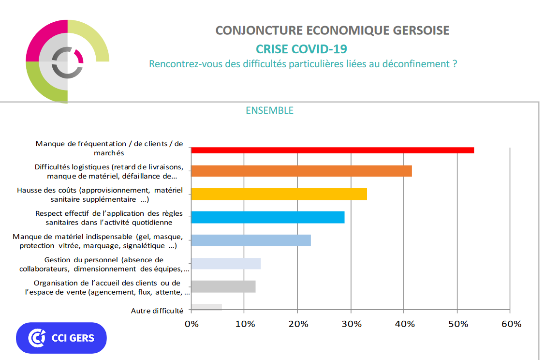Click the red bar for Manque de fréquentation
pyautogui.click(x=333, y=150)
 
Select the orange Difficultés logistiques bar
pyautogui.click(x=301, y=171)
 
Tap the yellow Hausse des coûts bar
pyautogui.click(x=279, y=194)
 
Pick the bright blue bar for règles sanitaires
pyautogui.click(x=268, y=217)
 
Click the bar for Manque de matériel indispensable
pyautogui.click(x=251, y=240)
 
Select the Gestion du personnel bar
pyautogui.click(x=226, y=263)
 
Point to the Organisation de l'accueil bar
pyautogui.click(x=223, y=286)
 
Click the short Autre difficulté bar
pyautogui.click(x=206, y=307)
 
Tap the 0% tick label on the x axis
pyautogui.click(x=191, y=324)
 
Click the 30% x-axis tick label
pyautogui.click(x=352, y=324)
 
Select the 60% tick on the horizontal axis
pyautogui.click(x=511, y=324)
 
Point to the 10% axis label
pyautogui.click(x=245, y=324)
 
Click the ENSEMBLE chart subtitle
pyautogui.click(x=269, y=110)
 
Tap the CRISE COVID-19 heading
pyautogui.click(x=301, y=49)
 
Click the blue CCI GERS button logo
pyautogui.click(x=61, y=338)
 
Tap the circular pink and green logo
pyautogui.click(x=67, y=61)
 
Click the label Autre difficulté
pyautogui.click(x=157, y=311)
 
